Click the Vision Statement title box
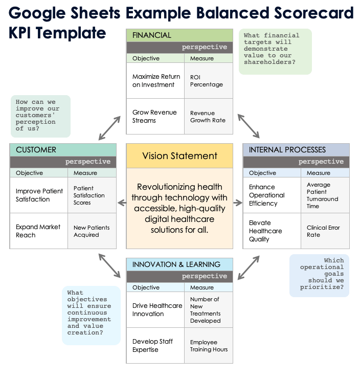[179, 156]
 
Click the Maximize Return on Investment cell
[155, 81]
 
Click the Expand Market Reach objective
[39, 231]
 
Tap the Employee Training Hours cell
[209, 346]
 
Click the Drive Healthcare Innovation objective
[155, 310]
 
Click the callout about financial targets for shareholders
[275, 51]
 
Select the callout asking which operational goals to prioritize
[320, 275]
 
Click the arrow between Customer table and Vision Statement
[122, 203]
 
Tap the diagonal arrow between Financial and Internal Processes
[249, 126]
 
